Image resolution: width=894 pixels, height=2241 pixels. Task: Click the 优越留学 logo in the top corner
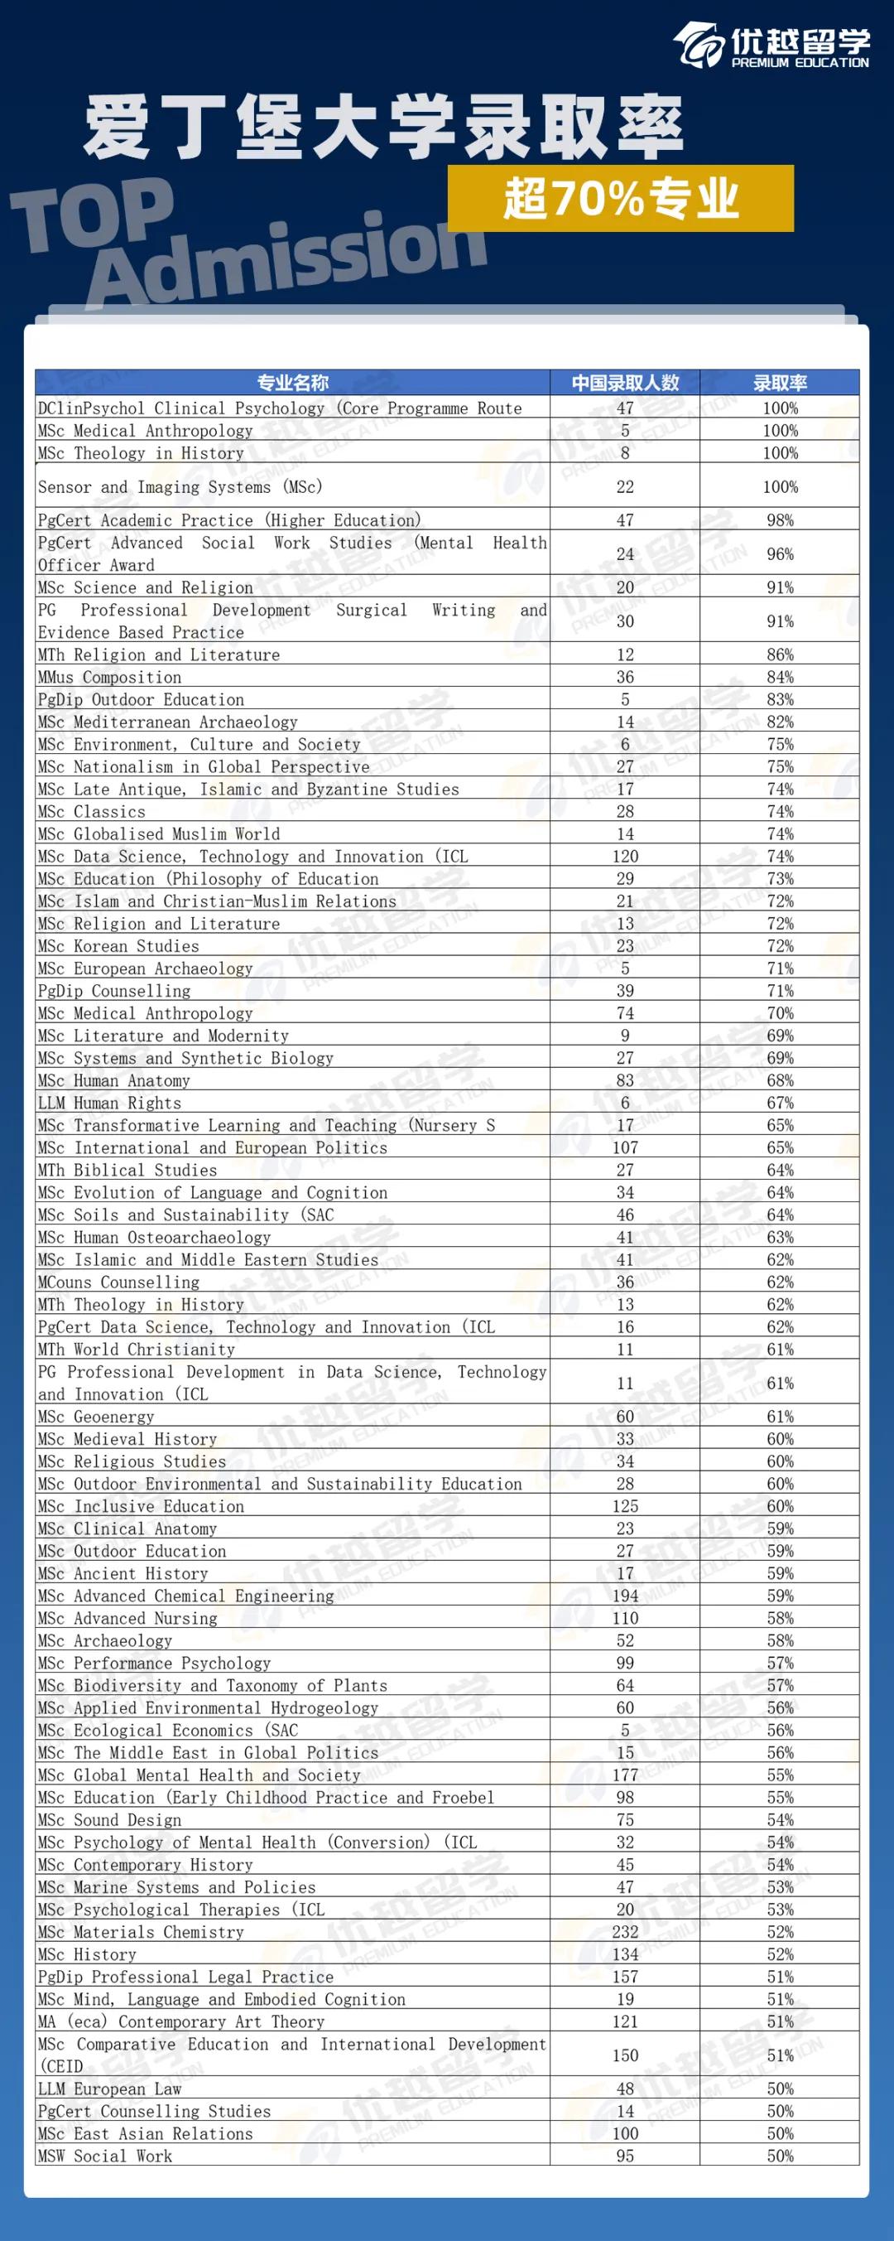[x=771, y=45]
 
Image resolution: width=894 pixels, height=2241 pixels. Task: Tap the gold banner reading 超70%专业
[x=620, y=198]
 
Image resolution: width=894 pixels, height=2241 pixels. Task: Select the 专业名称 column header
[x=292, y=383]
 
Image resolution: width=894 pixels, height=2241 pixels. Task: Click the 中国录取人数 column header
[x=624, y=383]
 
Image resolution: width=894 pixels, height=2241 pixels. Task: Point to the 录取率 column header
[x=779, y=383]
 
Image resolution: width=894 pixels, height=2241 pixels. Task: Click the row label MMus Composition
[x=109, y=677]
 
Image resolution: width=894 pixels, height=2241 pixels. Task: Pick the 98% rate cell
[x=779, y=520]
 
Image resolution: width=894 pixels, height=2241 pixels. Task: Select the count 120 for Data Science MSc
[x=624, y=856]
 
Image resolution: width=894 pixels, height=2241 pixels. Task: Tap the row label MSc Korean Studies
[x=118, y=945]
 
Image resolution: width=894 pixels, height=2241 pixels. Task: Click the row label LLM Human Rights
[x=109, y=1102]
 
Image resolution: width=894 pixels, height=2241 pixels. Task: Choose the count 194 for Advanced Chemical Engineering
[x=624, y=1596]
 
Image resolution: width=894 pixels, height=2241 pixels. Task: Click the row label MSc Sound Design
[x=109, y=1820]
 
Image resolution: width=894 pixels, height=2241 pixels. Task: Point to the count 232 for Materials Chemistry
[x=624, y=1931]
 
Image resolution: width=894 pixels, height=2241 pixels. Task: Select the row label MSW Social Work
[x=105, y=2156]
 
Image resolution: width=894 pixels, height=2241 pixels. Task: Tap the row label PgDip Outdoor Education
[x=141, y=699]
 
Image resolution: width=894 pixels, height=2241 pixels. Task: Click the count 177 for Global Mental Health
[x=624, y=1775]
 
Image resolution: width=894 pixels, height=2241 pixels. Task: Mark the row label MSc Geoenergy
[x=96, y=1417]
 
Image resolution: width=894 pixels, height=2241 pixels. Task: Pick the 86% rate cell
[x=779, y=654]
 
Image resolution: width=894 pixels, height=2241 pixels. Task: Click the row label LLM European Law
[x=109, y=2089]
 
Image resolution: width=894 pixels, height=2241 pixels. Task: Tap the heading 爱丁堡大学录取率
[x=382, y=128]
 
